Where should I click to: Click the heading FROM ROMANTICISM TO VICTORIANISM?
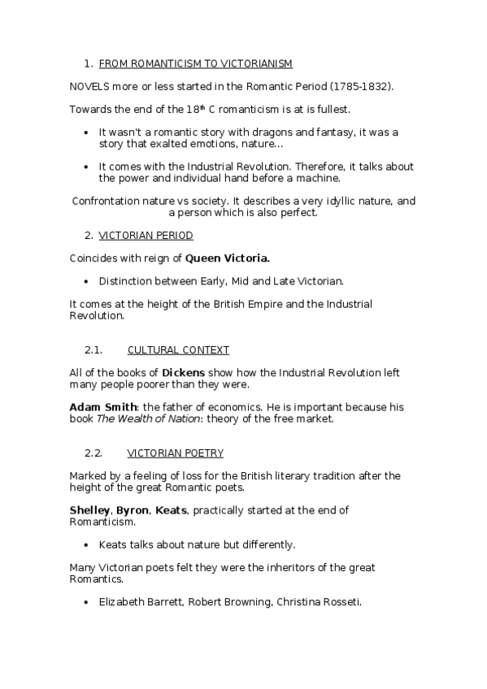click(195, 63)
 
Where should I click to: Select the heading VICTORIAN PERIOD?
click(146, 236)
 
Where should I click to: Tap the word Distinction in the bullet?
click(127, 281)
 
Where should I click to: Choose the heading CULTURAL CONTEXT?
click(178, 350)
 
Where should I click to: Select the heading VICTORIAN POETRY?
click(175, 453)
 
